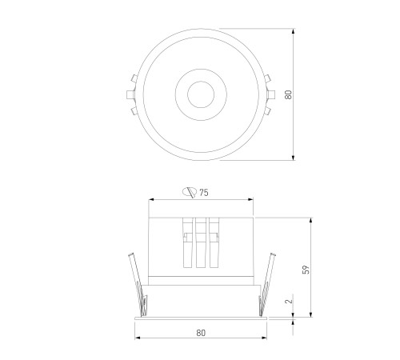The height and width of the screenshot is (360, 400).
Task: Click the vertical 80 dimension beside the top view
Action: tap(289, 94)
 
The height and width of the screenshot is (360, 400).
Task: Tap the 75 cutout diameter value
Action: tap(204, 193)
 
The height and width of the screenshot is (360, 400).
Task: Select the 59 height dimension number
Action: tap(306, 270)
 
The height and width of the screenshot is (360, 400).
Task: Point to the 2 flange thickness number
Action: tap(289, 302)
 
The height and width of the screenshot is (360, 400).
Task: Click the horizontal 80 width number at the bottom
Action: tap(201, 333)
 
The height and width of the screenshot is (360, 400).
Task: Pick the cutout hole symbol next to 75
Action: tap(190, 192)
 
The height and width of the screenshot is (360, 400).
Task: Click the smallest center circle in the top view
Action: tap(201, 94)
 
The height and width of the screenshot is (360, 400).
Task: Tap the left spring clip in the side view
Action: tap(138, 286)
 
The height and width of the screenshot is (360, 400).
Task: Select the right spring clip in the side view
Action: tap(266, 286)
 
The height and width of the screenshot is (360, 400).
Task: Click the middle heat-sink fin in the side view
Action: tap(201, 242)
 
